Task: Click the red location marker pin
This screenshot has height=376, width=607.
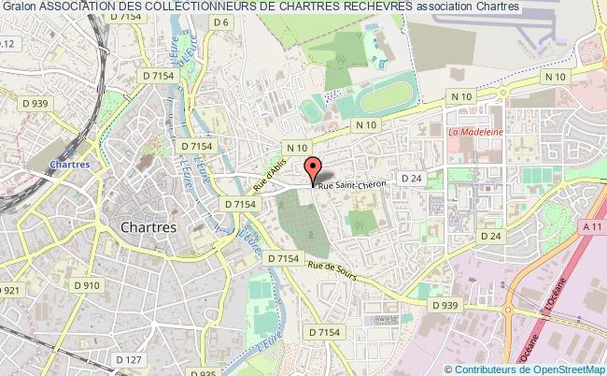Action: (314, 169)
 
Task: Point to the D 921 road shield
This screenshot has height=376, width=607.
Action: (8, 292)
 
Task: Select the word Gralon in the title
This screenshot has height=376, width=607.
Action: (18, 7)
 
